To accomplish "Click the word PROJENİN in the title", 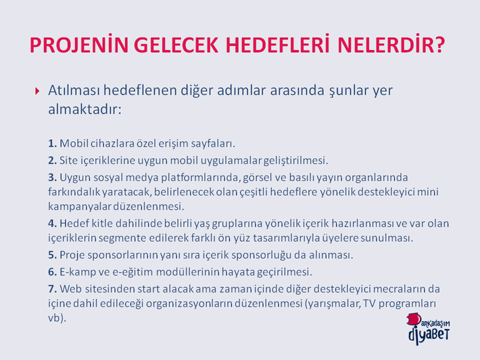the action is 78,45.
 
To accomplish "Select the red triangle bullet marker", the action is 37,91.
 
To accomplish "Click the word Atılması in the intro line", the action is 74,91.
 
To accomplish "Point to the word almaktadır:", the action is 85,109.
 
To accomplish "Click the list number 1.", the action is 52,143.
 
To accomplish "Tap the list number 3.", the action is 52,178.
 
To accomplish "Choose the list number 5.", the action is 52,255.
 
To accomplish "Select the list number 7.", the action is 52,288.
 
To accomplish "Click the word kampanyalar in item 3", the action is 80,207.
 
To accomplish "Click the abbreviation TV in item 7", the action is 369,303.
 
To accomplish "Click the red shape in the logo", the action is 414,319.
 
